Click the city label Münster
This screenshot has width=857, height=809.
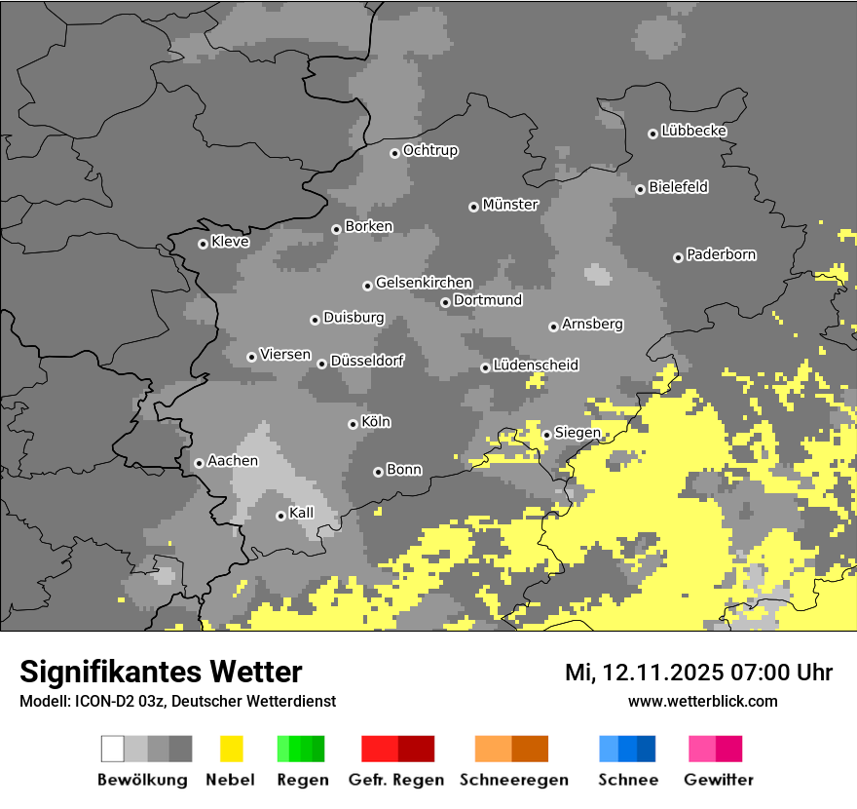tap(510, 205)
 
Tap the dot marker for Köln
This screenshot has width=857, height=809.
tap(353, 424)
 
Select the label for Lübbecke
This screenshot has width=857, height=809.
tap(693, 131)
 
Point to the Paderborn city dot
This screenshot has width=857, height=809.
tap(678, 257)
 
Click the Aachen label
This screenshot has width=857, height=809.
tap(233, 461)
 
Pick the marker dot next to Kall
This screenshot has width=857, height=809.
tap(280, 516)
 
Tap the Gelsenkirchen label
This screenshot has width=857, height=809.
tap(424, 283)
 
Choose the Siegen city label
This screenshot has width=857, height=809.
tap(578, 433)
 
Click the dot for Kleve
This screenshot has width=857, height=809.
tap(203, 244)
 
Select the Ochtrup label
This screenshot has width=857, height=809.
tap(429, 151)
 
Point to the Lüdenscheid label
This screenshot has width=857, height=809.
tap(536, 366)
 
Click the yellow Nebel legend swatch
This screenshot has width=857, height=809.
tap(232, 749)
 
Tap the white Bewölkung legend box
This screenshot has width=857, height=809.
tap(113, 749)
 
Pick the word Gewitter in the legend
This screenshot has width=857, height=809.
tap(718, 780)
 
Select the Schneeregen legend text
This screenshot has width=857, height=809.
tap(513, 780)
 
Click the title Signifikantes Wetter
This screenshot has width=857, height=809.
tap(161, 672)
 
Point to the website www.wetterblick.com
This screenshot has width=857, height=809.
tap(702, 701)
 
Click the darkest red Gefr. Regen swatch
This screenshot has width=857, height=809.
tap(416, 749)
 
